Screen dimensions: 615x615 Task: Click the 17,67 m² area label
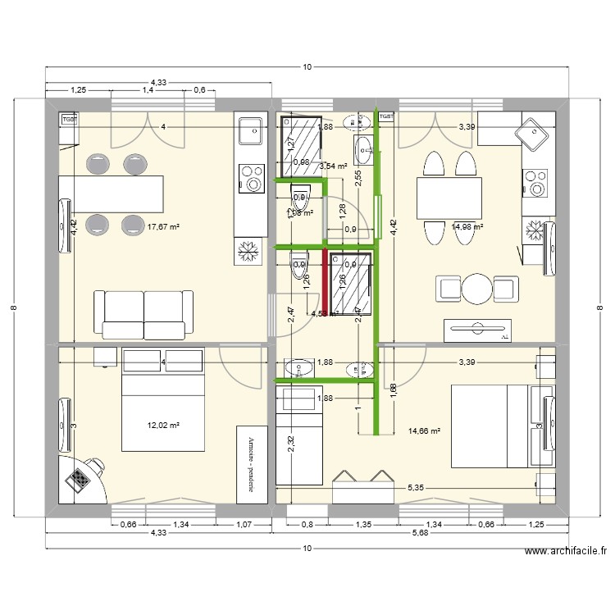[162, 227]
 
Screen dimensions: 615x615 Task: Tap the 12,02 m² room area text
[163, 425]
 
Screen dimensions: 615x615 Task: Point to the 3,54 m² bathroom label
[333, 166]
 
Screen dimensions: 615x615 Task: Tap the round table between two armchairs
[478, 289]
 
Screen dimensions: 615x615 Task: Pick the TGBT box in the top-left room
[69, 118]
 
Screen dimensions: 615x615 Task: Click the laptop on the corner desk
[80, 477]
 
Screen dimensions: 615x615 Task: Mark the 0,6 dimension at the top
[198, 90]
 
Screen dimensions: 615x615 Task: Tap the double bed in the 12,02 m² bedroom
[163, 399]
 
